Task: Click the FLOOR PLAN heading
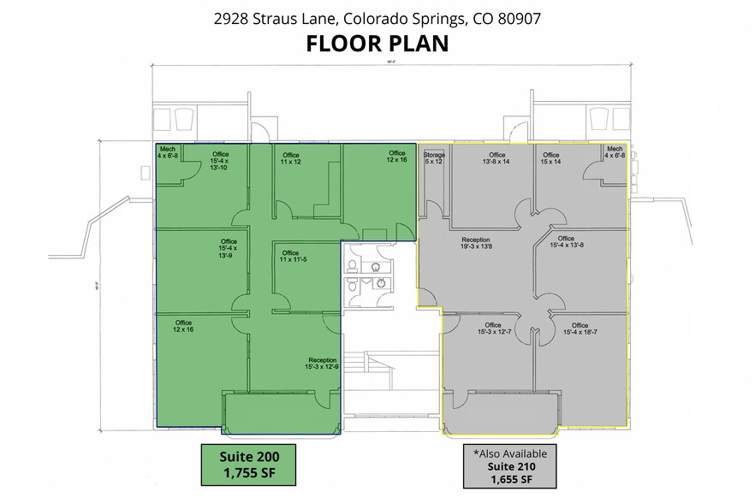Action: (377, 44)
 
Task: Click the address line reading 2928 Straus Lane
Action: (377, 16)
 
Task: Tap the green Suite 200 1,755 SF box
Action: (248, 463)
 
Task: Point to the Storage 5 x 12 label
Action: (434, 158)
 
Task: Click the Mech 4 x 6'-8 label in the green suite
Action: (168, 152)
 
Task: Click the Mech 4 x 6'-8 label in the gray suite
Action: (615, 152)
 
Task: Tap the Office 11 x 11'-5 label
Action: (291, 257)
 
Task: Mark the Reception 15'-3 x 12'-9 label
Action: (322, 364)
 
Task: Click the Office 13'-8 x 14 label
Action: (496, 158)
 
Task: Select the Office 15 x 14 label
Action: (550, 158)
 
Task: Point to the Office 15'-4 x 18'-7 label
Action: (580, 329)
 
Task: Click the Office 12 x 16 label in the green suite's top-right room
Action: (396, 157)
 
